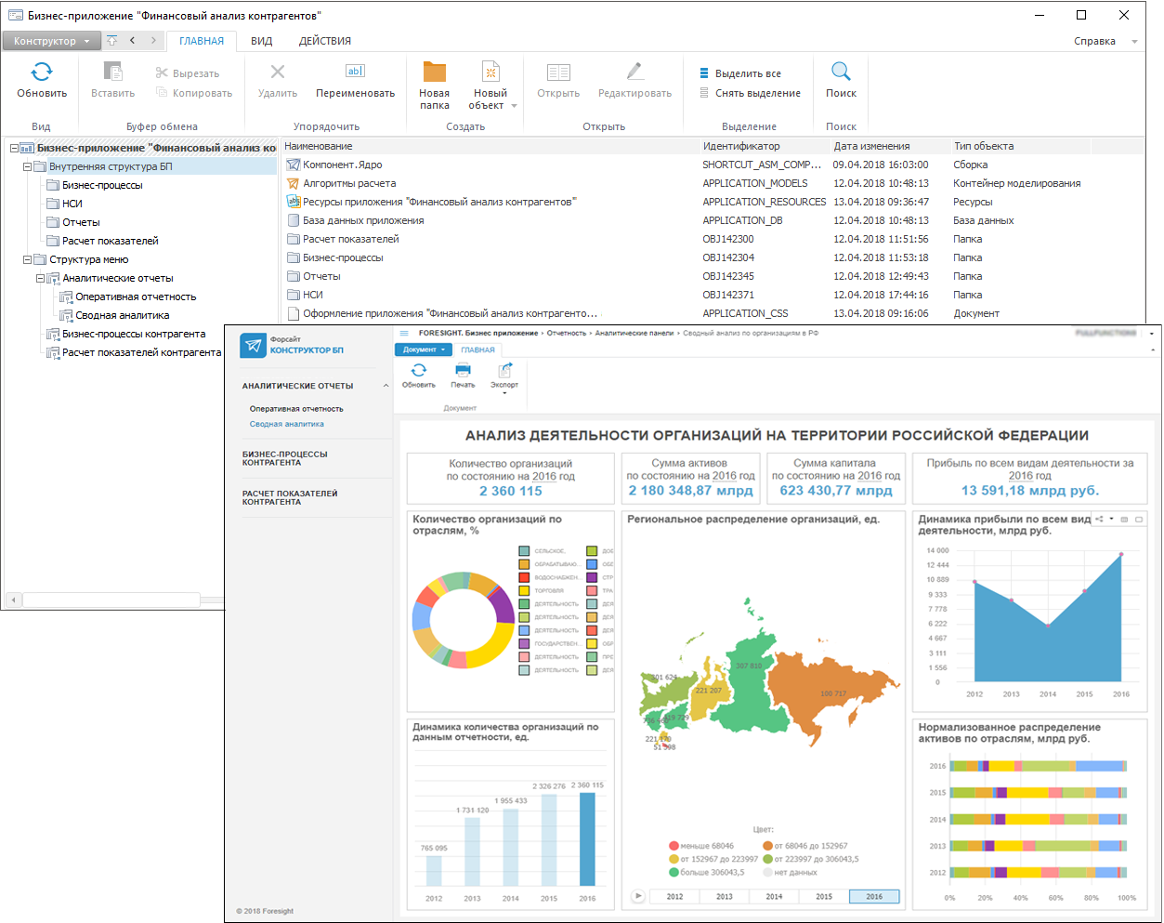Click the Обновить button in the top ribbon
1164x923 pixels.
[x=42, y=80]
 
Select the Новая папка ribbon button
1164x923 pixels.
[x=434, y=85]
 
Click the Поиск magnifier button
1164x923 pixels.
[x=841, y=80]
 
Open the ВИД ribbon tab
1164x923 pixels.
[x=262, y=41]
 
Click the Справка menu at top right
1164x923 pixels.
[x=1094, y=41]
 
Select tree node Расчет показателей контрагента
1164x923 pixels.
[x=141, y=352]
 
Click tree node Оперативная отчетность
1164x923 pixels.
[x=136, y=297]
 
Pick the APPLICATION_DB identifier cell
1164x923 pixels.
[x=742, y=220]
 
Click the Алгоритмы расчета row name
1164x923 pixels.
[x=349, y=183]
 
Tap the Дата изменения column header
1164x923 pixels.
[x=871, y=146]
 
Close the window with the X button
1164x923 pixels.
[x=1124, y=15]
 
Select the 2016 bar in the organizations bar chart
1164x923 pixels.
[x=587, y=838]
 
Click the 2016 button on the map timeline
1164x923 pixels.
[x=874, y=896]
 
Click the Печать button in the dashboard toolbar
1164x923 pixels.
[x=463, y=375]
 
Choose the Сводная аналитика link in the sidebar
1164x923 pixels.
[x=286, y=424]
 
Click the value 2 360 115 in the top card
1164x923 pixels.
[x=510, y=491]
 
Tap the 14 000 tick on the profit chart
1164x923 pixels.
[x=937, y=550]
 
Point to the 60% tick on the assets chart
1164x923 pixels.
[x=1055, y=898]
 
